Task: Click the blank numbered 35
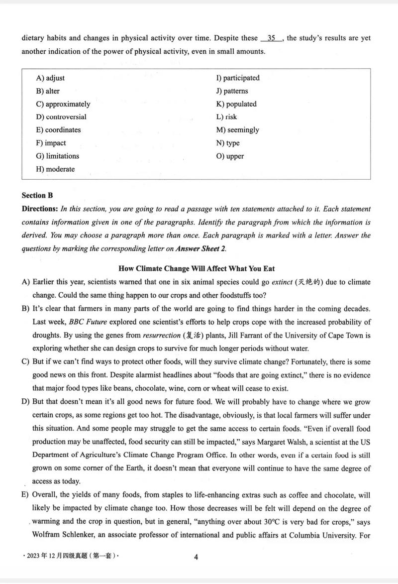pyautogui.click(x=272, y=38)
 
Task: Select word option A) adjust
pyautogui.click(x=50, y=78)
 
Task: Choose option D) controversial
pyautogui.click(x=61, y=117)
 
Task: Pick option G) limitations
pyautogui.click(x=58, y=156)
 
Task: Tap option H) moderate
pyautogui.click(x=55, y=169)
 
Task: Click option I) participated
pyautogui.click(x=238, y=78)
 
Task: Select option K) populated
pyautogui.click(x=236, y=104)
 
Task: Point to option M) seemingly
pyautogui.click(x=237, y=130)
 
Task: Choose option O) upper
pyautogui.click(x=230, y=156)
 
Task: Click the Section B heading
pyautogui.click(x=37, y=196)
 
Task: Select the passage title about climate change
pyautogui.click(x=197, y=269)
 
